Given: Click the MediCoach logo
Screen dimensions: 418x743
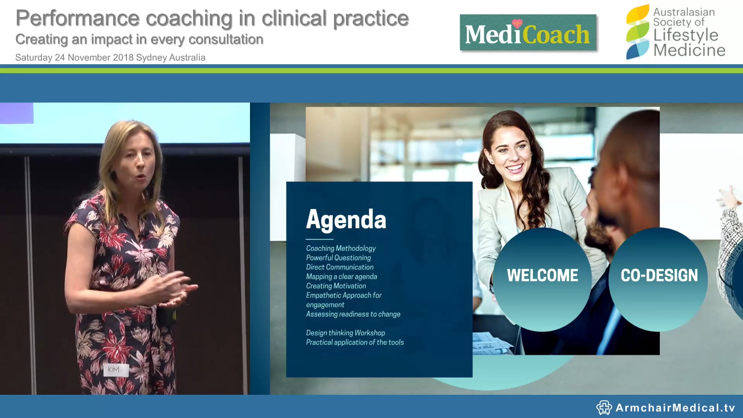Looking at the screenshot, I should (527, 33).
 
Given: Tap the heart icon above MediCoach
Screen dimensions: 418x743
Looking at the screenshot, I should (517, 23).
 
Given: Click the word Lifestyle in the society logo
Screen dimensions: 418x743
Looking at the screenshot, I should (685, 35).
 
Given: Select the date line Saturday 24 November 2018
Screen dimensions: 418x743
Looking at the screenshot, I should (110, 58).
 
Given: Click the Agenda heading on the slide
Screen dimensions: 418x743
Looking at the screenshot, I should (346, 219).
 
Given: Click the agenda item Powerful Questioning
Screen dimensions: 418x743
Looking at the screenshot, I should (338, 258).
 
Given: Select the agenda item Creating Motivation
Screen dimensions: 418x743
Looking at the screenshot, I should (336, 286).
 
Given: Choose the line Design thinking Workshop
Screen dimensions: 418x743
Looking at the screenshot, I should (345, 333).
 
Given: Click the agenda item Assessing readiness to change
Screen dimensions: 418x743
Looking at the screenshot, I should (353, 314).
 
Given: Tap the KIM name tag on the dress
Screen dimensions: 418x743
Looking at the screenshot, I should (114, 369).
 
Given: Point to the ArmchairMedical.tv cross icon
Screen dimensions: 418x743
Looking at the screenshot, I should (603, 408).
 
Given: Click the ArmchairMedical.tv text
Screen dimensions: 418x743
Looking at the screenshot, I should (675, 408).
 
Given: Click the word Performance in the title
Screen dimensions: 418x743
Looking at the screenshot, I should (77, 18).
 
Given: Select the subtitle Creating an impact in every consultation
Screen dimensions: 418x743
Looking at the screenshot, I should (139, 39).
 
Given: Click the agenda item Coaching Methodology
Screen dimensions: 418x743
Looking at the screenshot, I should (341, 248).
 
